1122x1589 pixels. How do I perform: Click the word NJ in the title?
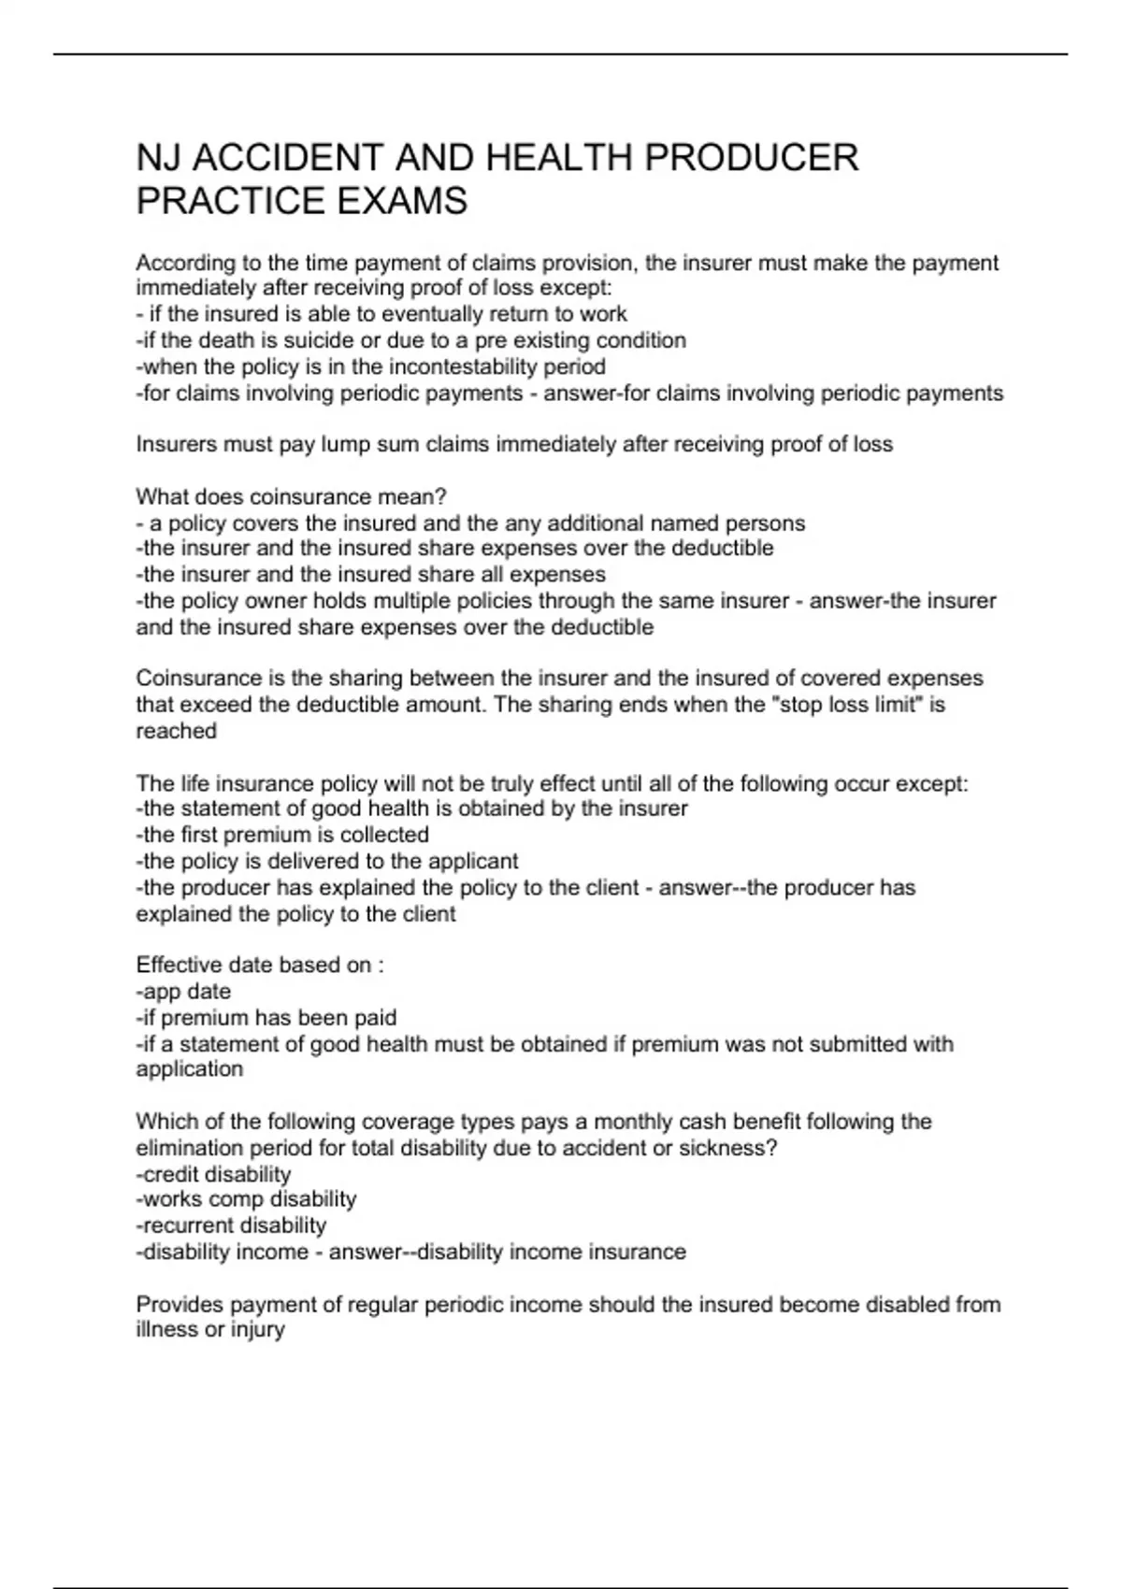[x=158, y=157]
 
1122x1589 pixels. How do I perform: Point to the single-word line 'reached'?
[x=176, y=731]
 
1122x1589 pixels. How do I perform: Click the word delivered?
[x=361, y=861]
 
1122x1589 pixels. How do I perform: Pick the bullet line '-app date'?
[x=183, y=991]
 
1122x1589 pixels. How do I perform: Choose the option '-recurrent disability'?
[x=231, y=1225]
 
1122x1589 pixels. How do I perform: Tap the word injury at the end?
[x=258, y=1329]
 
